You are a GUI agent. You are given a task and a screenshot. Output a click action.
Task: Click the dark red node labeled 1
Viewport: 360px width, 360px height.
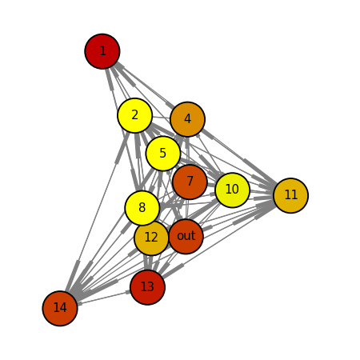(x=102, y=51)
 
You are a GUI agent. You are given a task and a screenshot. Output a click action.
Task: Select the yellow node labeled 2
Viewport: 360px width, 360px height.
(x=135, y=115)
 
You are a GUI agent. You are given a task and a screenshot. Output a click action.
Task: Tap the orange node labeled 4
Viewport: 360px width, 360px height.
(x=187, y=119)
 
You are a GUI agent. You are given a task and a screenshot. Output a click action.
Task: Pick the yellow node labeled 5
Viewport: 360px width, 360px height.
(x=163, y=154)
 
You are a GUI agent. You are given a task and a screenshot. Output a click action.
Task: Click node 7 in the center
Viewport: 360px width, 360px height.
(x=190, y=182)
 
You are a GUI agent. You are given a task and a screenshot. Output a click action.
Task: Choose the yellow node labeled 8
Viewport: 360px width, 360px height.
(x=142, y=208)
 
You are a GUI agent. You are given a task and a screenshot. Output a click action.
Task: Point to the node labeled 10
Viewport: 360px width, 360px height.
(x=232, y=190)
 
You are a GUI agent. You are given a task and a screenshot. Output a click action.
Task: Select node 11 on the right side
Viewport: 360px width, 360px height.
(x=291, y=195)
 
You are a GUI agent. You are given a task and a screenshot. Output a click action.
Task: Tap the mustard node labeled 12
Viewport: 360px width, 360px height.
(x=151, y=238)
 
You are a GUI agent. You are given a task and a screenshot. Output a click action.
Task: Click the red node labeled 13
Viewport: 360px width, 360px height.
(x=148, y=287)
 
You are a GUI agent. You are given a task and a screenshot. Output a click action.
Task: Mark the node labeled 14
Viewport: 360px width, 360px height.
(x=60, y=308)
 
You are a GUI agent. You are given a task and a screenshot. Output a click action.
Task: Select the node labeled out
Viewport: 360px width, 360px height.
(x=186, y=237)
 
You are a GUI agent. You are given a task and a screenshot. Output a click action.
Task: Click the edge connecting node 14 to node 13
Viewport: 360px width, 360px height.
(x=104, y=298)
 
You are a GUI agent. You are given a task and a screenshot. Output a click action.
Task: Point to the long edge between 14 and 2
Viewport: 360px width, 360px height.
(x=98, y=211)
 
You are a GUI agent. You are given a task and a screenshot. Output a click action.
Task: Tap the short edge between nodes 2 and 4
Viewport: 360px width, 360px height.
(x=161, y=118)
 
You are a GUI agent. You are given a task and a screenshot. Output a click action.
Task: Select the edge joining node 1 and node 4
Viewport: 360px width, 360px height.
(x=145, y=86)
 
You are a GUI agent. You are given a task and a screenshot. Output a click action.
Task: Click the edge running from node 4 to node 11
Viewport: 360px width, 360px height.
(x=239, y=157)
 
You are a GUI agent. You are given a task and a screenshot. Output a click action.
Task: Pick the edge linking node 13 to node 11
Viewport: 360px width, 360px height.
(x=219, y=242)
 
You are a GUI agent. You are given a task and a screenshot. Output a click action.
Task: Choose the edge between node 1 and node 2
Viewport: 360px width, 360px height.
(x=118, y=83)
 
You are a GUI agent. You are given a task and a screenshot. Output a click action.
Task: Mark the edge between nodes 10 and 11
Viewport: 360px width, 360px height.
(x=262, y=193)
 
